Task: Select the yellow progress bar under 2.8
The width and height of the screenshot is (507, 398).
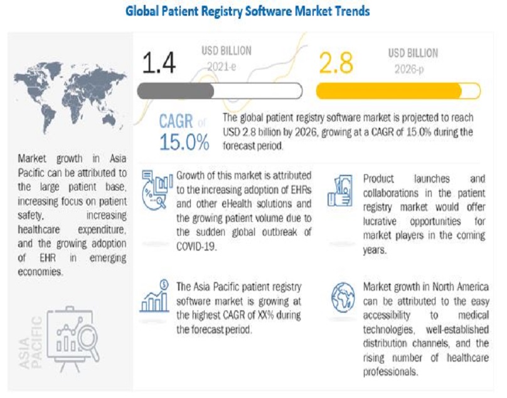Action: click(398, 91)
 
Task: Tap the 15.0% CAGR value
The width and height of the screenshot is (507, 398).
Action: click(184, 143)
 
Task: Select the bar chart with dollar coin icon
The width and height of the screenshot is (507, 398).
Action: click(155, 296)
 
